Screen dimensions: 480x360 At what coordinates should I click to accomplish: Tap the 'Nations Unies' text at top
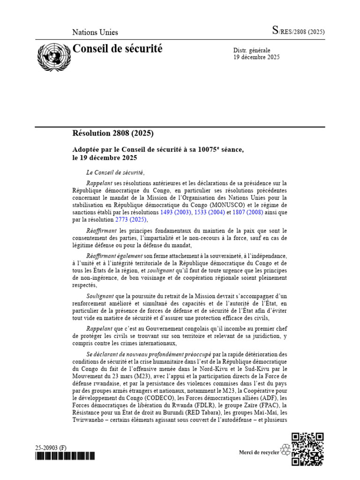point(95,32)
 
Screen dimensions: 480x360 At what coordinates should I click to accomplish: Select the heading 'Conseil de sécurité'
point(117,48)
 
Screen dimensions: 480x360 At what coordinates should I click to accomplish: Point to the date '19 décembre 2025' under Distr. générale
point(256,58)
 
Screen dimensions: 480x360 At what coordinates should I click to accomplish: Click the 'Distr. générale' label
point(252,50)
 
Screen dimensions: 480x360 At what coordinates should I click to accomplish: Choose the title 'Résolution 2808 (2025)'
point(113,133)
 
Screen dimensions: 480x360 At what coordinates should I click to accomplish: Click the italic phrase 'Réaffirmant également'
point(115,256)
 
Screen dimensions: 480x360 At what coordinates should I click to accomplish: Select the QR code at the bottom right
point(307,450)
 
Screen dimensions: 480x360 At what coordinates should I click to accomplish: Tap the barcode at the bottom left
point(65,456)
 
